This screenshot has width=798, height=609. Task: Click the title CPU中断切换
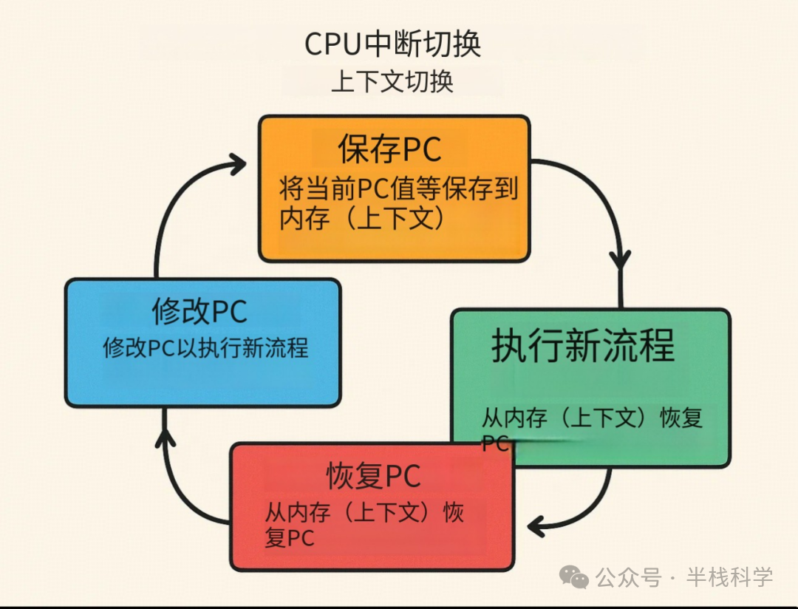(392, 44)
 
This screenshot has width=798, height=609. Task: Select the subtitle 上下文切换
(392, 81)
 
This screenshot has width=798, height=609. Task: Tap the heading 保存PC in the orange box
(390, 150)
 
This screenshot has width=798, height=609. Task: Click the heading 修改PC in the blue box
(199, 311)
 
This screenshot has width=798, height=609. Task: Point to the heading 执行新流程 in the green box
(583, 345)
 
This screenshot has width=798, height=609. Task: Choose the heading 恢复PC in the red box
(373, 477)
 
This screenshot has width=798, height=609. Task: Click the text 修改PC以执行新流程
(205, 348)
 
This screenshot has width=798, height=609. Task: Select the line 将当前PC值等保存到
(398, 190)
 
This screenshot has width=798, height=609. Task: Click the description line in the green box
(591, 418)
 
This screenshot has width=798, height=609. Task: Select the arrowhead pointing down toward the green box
(621, 260)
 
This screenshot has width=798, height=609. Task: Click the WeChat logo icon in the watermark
(574, 576)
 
